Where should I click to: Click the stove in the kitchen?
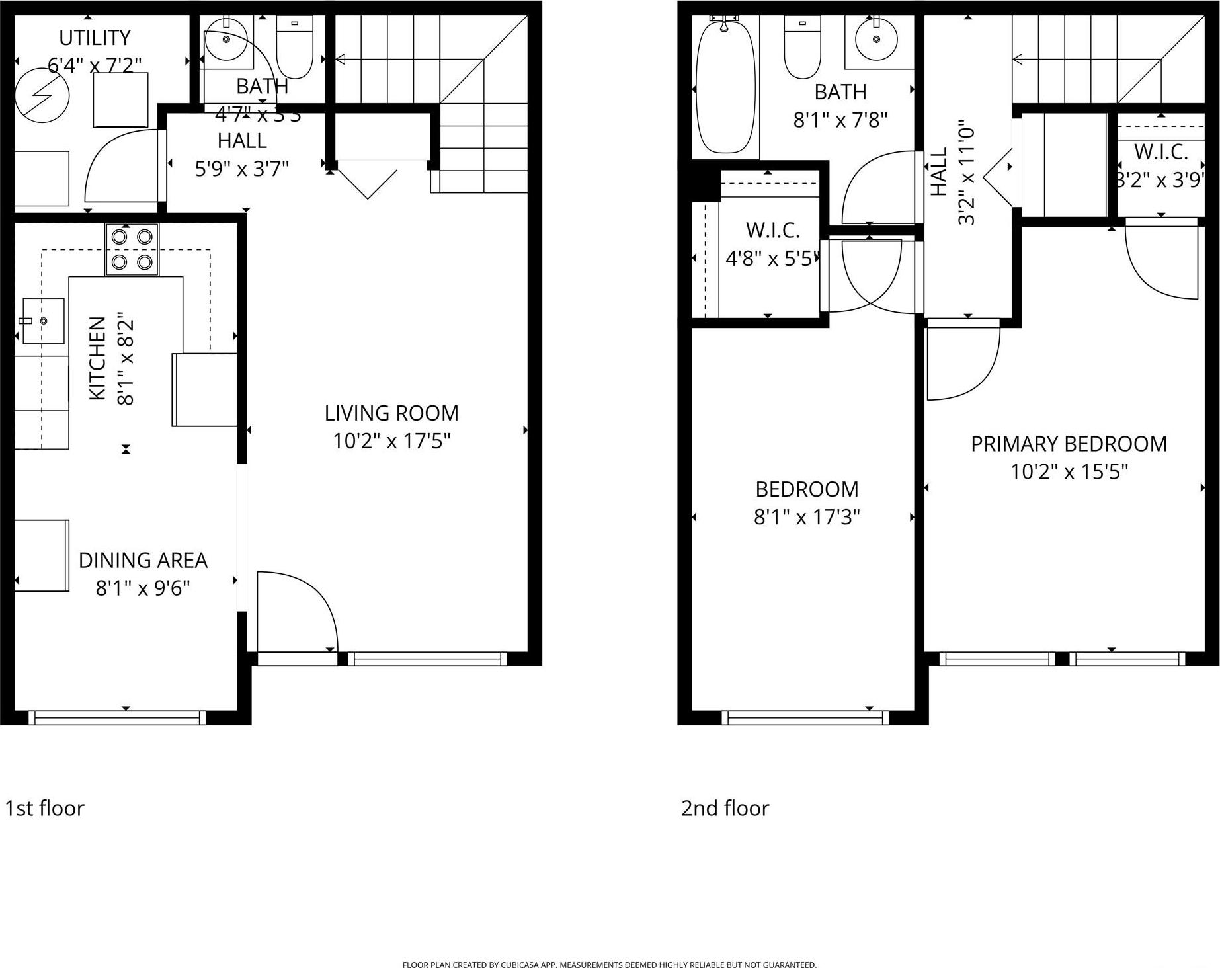[x=132, y=249]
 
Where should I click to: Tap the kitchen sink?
[x=44, y=321]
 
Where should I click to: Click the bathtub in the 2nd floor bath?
[x=725, y=86]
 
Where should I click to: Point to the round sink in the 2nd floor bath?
[x=877, y=39]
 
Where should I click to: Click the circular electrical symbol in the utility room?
[x=42, y=97]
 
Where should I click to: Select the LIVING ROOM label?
[x=391, y=413]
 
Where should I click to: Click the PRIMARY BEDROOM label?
[x=1069, y=444]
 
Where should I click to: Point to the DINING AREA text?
[x=143, y=561]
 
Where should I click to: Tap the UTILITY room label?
[x=95, y=38]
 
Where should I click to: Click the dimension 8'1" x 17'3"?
[x=807, y=517]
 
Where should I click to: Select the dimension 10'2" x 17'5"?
[x=391, y=441]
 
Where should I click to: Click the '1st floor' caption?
[x=45, y=808]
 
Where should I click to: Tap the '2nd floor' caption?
[x=725, y=808]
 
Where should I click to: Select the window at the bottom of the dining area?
[x=118, y=717]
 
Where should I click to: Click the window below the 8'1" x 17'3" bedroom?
[x=805, y=717]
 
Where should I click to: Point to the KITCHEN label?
[x=97, y=358]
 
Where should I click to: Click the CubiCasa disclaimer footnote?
[x=609, y=965]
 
